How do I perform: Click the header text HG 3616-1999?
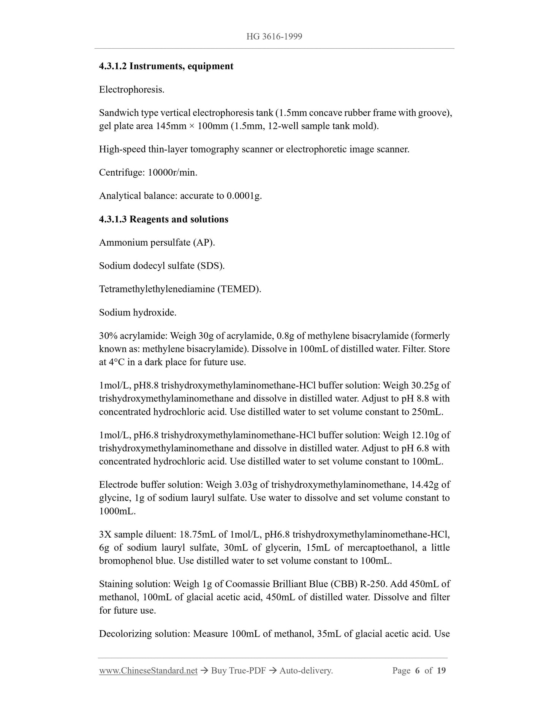274,37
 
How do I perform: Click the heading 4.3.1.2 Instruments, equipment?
166,66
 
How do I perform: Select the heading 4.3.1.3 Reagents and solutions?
163,219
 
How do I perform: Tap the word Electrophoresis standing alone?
131,90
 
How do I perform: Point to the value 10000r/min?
172,173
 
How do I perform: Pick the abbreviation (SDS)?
210,266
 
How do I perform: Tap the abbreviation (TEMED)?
239,289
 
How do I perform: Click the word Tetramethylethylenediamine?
157,289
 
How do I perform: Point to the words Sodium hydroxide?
138,313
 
